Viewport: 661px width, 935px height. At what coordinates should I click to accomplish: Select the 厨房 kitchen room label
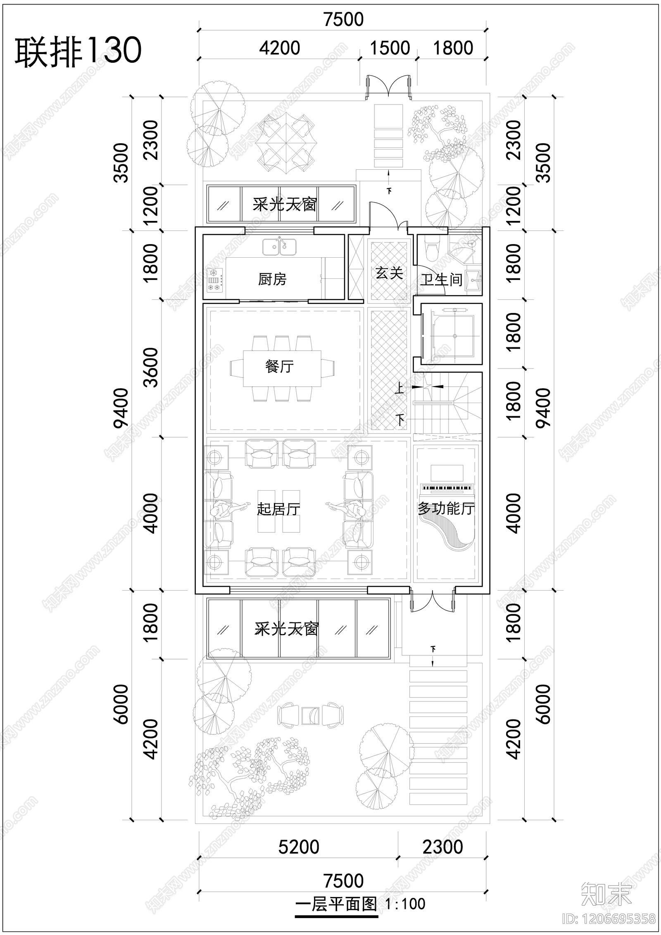(x=272, y=280)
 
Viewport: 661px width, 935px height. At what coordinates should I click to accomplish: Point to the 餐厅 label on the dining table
(x=280, y=366)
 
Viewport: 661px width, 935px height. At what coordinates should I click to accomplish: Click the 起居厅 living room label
(x=278, y=509)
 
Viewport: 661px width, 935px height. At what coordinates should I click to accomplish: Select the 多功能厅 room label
(x=446, y=508)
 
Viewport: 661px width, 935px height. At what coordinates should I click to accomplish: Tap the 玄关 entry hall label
(x=389, y=273)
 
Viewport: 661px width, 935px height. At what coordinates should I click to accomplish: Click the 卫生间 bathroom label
(x=441, y=280)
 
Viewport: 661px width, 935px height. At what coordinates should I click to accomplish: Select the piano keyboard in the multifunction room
(x=446, y=488)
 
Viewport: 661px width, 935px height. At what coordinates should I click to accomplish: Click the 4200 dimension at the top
(x=280, y=48)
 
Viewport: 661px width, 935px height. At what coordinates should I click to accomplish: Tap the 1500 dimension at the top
(x=390, y=48)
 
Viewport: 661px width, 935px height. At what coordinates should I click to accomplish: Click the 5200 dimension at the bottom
(x=299, y=847)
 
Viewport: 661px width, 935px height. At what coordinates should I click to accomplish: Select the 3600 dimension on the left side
(x=151, y=367)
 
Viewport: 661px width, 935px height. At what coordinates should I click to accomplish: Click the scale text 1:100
(x=405, y=904)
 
